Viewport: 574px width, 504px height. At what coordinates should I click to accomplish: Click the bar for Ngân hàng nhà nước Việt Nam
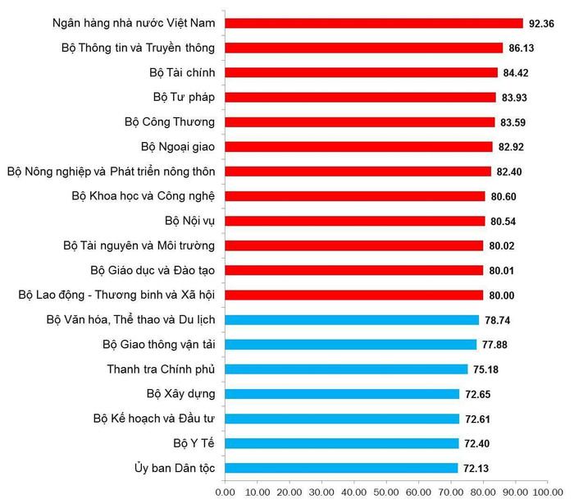pos(373,23)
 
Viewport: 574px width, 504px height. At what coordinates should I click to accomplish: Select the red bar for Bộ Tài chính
pos(361,72)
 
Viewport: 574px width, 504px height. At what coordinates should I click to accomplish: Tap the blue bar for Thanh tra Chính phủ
pos(346,369)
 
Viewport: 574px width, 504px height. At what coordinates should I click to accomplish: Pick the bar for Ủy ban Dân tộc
pos(341,468)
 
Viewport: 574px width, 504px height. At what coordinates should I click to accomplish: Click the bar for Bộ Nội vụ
pos(354,221)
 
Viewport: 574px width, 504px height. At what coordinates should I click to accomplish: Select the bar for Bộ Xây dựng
pos(342,394)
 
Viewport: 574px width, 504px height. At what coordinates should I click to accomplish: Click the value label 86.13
pos(523,48)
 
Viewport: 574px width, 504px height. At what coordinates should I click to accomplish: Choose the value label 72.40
pos(479,443)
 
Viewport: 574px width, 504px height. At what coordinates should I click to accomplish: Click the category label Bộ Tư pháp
pos(184,97)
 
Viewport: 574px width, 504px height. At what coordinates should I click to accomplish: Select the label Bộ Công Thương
pos(170,121)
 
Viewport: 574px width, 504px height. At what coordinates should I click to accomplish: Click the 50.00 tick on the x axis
pos(386,493)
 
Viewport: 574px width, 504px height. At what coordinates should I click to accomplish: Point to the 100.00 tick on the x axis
pos(544,493)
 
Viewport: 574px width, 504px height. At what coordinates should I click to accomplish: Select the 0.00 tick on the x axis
pos(225,493)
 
